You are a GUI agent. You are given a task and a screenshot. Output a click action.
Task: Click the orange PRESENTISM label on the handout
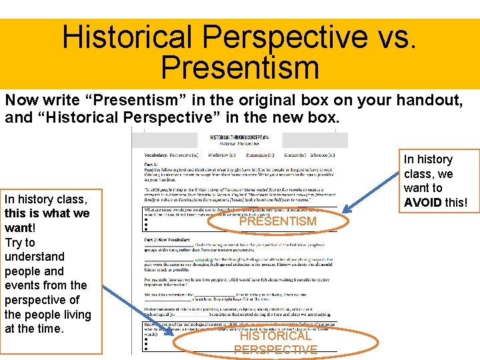278,221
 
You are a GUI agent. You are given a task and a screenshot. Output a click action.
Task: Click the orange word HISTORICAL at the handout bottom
275,337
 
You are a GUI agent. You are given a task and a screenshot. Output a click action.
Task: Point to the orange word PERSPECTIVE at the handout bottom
275,350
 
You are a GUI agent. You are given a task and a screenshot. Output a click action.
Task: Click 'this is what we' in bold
47,213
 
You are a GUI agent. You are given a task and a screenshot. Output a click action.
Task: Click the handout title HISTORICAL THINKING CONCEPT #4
239,137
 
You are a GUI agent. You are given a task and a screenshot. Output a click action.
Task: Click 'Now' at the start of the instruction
19,101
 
